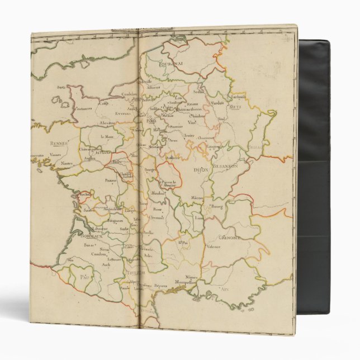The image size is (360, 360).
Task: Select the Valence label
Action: click(x=213, y=245)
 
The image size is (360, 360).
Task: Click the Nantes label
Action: click(x=67, y=163)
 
